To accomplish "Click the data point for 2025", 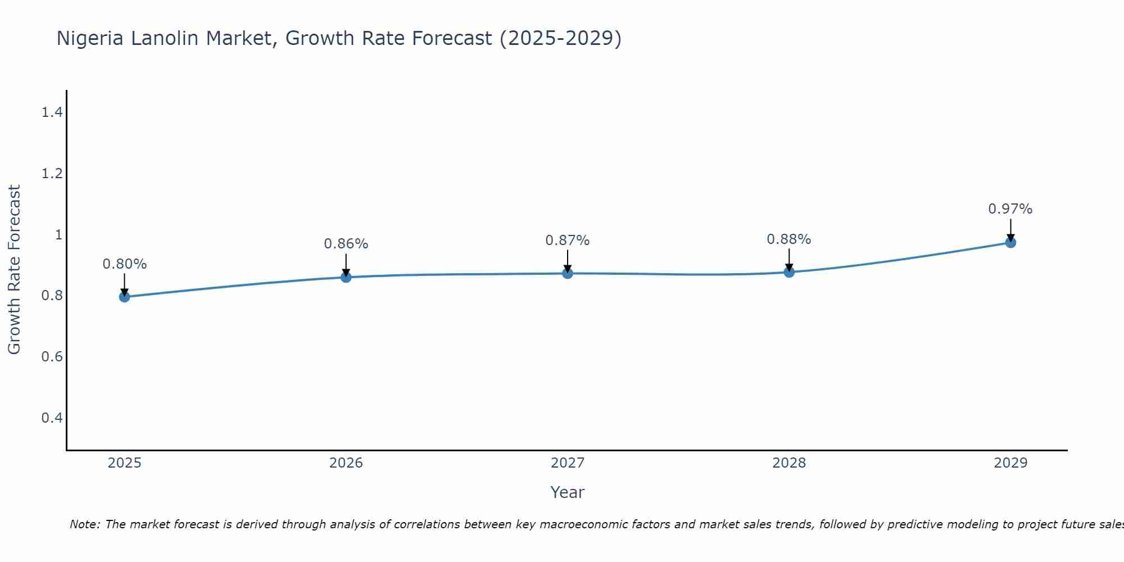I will click(x=124, y=297).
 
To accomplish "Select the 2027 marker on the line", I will click(x=568, y=273).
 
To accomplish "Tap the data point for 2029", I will click(x=1010, y=243).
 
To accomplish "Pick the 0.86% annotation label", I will click(x=346, y=244).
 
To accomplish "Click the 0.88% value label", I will click(x=788, y=239).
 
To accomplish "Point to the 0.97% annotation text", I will click(x=1010, y=209).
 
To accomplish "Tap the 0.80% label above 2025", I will click(x=124, y=264).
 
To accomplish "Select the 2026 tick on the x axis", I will click(x=346, y=463).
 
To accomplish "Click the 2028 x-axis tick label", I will click(x=788, y=463).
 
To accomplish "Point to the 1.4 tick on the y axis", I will click(x=52, y=112).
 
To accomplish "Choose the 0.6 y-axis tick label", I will click(x=52, y=356).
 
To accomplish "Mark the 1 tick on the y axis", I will click(x=58, y=234).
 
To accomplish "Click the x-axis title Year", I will click(x=567, y=492).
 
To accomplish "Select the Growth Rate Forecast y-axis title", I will click(x=14, y=270).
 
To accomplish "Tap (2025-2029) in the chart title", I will click(x=560, y=38).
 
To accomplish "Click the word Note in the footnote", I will click(x=84, y=524).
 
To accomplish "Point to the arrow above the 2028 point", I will click(x=788, y=260).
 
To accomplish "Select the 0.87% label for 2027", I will click(x=567, y=241).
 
